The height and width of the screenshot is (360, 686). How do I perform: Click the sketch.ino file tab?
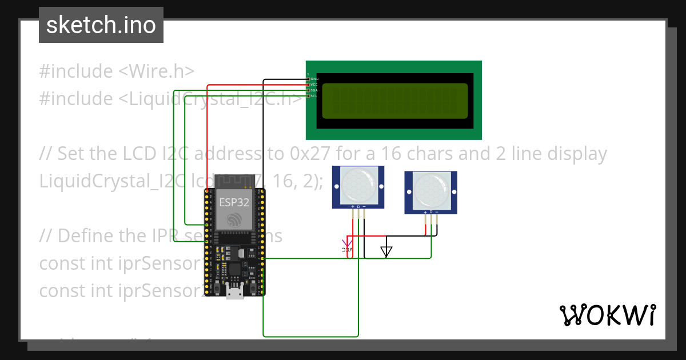click(x=101, y=25)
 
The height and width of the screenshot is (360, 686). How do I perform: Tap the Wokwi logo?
click(x=607, y=315)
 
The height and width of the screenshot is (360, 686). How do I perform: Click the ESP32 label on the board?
click(x=234, y=202)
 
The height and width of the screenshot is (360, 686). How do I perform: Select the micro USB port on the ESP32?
click(x=234, y=293)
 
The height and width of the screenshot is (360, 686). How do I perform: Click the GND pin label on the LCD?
click(x=314, y=78)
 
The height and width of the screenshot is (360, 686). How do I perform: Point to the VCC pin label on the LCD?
click(x=314, y=84)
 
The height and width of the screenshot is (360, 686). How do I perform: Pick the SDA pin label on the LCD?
click(x=314, y=90)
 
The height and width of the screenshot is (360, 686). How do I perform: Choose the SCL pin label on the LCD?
click(x=314, y=96)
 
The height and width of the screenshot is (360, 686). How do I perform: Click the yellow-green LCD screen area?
click(x=395, y=101)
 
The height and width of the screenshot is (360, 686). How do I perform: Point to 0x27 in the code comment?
click(x=310, y=154)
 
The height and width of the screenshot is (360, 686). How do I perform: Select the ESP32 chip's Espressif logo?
click(x=234, y=219)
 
